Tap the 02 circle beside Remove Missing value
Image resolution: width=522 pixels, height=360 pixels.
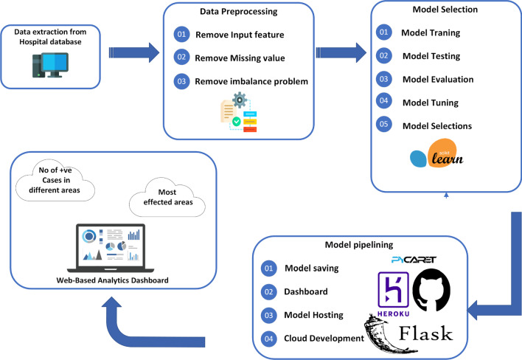pyautogui.click(x=182, y=57)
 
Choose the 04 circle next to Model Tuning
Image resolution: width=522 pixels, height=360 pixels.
pyautogui.click(x=383, y=103)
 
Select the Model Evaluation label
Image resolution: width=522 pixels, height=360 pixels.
pyautogui.click(x=437, y=80)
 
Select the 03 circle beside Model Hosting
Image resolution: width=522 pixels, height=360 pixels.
pyautogui.click(x=268, y=315)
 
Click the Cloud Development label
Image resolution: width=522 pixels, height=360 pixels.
pyautogui.click(x=324, y=338)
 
